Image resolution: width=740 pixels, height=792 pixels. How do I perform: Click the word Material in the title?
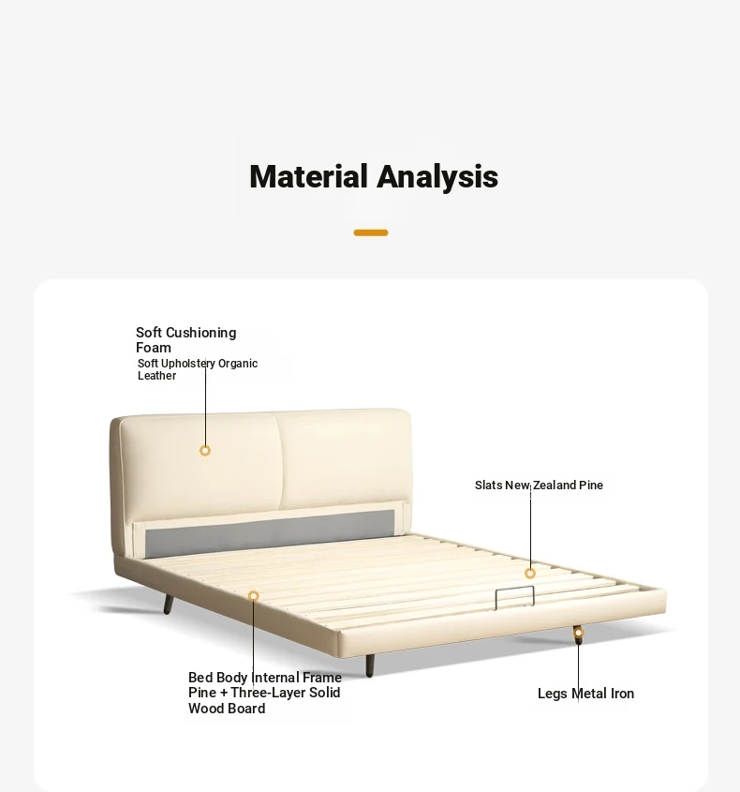[308, 176]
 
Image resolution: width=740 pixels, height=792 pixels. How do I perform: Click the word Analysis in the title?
[437, 178]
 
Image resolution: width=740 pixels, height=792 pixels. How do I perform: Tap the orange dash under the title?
[371, 232]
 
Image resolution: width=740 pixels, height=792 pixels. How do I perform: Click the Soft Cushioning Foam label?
[185, 340]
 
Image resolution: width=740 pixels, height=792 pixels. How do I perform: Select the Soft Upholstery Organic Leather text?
[198, 369]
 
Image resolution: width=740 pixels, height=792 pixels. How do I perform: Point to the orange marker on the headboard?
[205, 451]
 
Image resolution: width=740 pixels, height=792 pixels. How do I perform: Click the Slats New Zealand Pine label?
[540, 485]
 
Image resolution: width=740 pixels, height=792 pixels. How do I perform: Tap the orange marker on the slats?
[530, 574]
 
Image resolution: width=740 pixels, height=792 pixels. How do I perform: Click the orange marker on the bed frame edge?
[254, 596]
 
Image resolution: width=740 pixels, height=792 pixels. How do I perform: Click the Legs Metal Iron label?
[585, 694]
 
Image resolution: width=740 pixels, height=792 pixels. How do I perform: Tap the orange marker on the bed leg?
[579, 633]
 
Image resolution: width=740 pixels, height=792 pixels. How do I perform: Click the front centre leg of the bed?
[370, 665]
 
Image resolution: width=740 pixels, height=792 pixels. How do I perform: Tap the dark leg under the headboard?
[168, 605]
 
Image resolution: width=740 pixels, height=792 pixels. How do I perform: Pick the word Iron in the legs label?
[622, 694]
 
